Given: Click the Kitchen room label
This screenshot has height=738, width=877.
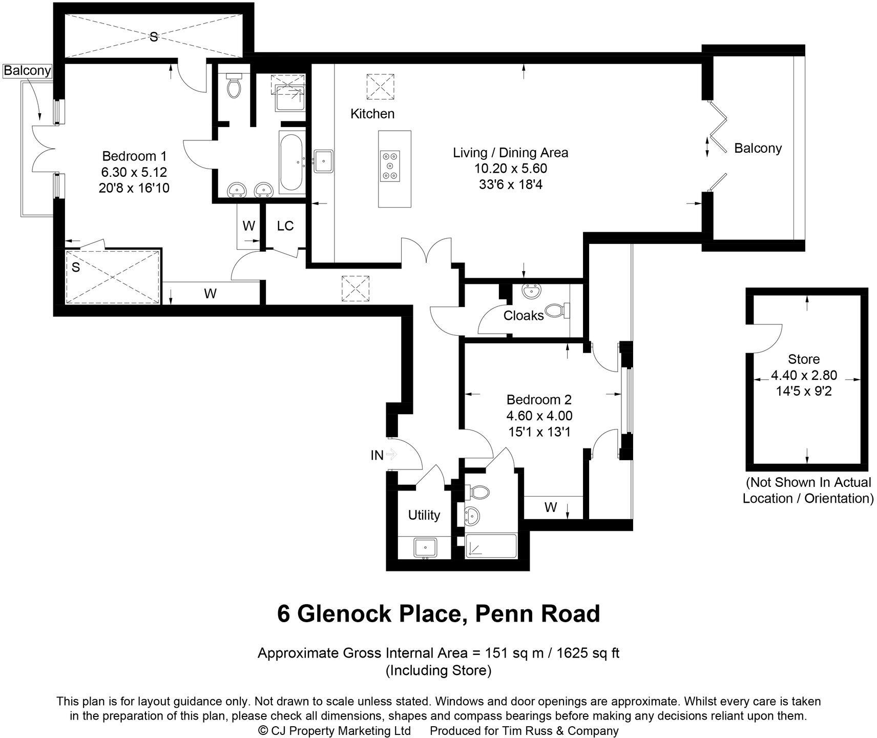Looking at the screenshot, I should (x=372, y=114).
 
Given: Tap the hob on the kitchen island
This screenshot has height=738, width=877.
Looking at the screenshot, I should (x=391, y=166).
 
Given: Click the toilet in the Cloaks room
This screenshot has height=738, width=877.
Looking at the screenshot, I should (x=557, y=310).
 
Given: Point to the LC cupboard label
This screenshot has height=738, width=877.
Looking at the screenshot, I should (x=285, y=226).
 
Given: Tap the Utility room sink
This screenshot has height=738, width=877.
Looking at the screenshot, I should (x=425, y=548).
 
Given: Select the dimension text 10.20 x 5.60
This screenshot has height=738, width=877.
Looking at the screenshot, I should (x=510, y=168).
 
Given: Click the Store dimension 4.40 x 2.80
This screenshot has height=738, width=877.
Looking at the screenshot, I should (x=804, y=375).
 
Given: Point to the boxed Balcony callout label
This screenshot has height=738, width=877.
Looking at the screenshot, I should (x=27, y=70).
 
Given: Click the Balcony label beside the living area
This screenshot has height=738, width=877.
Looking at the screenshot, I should (x=758, y=149).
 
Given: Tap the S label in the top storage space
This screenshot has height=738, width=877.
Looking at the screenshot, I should (x=153, y=37).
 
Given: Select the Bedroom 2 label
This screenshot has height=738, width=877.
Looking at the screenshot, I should (x=539, y=399).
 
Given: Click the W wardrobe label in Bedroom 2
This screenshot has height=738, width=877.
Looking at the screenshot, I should (x=550, y=507).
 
